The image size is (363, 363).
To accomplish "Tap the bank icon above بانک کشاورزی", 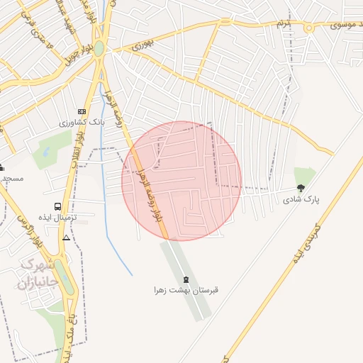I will click(82, 112).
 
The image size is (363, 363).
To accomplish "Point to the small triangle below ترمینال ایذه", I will click(66, 238).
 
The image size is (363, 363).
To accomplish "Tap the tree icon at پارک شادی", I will click(301, 188).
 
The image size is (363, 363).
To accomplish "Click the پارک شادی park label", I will click(301, 200).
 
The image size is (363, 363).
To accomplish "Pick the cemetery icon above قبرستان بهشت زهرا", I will click(186, 279).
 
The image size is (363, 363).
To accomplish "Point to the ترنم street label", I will click(284, 23).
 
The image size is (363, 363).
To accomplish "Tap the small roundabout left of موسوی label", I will click(309, 28).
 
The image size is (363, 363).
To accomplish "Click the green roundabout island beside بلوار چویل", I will click(99, 49).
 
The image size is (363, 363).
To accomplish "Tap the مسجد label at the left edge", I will click(13, 178).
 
